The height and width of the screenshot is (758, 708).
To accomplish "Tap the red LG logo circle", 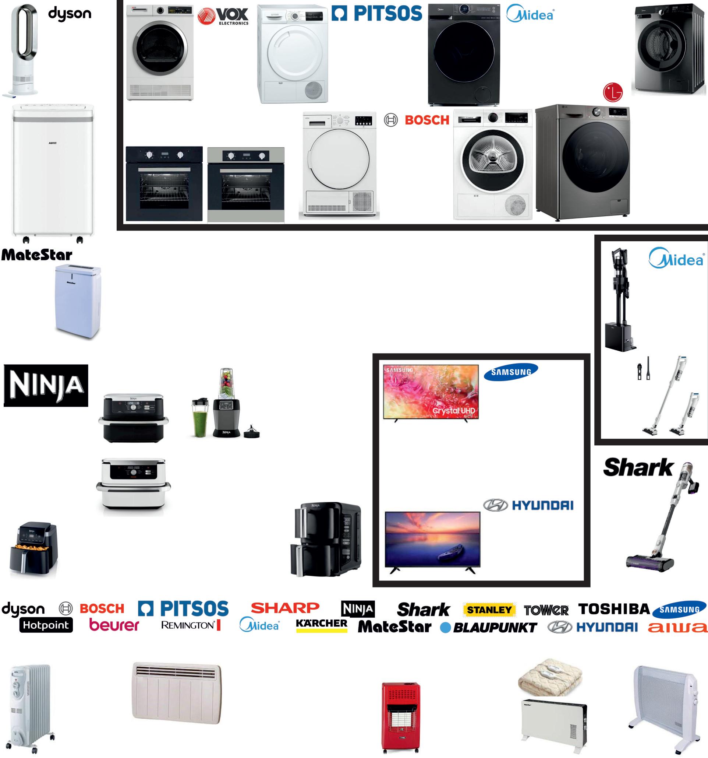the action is click(x=612, y=92).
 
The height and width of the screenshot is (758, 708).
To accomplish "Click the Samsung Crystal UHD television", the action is click(x=431, y=392).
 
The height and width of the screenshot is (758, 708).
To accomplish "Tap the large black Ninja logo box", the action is click(x=46, y=385).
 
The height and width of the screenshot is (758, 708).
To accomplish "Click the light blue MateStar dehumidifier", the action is click(x=78, y=301).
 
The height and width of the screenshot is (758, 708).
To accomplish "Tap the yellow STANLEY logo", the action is click(x=489, y=610).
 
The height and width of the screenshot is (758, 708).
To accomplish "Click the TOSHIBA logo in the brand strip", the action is click(x=613, y=609).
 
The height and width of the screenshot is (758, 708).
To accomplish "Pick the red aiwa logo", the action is click(x=677, y=627).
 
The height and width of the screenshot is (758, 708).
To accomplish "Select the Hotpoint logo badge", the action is click(x=46, y=625).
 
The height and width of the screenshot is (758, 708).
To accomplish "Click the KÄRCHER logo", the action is click(x=322, y=625).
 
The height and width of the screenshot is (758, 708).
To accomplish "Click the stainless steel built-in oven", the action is click(x=246, y=184).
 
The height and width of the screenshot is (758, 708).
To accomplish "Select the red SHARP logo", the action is click(x=285, y=608).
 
